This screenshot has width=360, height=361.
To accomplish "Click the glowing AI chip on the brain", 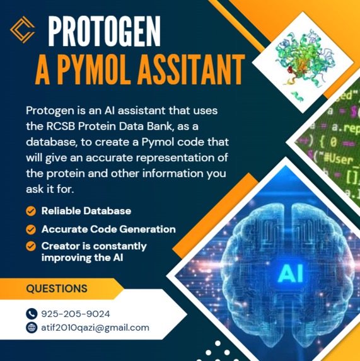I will (289, 273).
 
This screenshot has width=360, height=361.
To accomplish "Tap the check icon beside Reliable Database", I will (30, 211).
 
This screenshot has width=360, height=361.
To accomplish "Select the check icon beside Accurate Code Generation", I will (30, 229).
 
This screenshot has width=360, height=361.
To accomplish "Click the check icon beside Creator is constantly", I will (30, 246).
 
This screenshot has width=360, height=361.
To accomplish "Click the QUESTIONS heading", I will (57, 289).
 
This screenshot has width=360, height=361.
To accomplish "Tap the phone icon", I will (32, 314).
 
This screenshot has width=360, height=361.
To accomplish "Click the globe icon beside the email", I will (32, 328).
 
